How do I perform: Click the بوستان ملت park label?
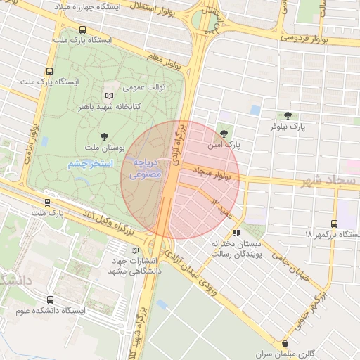coord(104,149)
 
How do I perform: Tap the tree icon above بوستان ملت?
coord(105,136)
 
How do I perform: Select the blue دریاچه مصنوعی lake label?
coord(147,167)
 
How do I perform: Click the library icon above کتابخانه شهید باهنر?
coord(108,95)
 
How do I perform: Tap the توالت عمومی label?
coord(143,89)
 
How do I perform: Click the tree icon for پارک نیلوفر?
coord(286,115)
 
